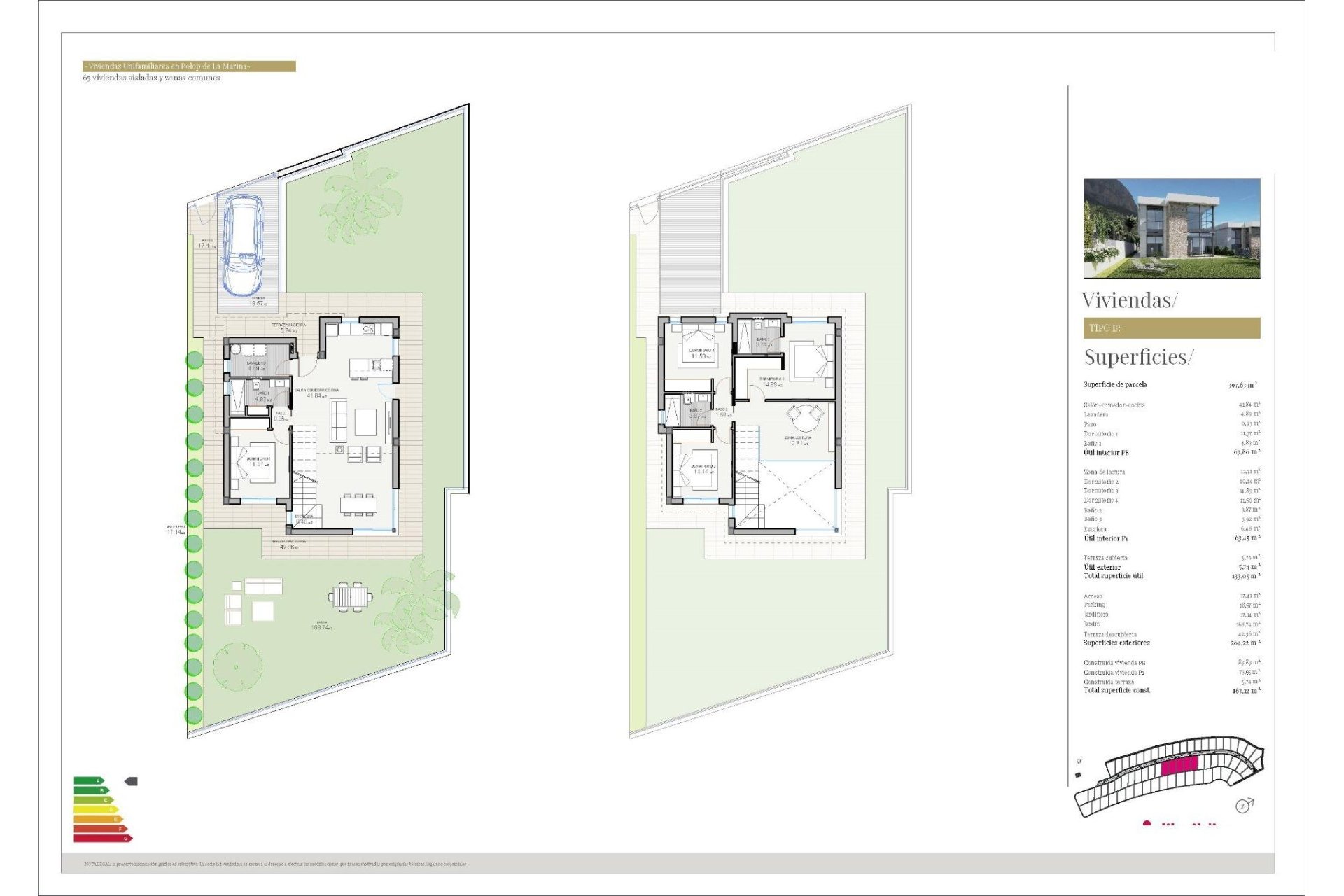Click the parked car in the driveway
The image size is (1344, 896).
tap(243, 244)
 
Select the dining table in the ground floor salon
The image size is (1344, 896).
tap(358, 504)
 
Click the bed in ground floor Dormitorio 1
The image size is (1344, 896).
tap(253, 465)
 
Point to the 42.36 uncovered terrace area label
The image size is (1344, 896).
tap(288, 547)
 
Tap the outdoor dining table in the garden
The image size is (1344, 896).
tap(350, 596)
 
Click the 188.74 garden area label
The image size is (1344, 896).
tap(321, 627)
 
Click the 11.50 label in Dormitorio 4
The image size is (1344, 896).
tap(701, 356)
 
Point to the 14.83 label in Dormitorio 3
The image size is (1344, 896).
tap(772, 384)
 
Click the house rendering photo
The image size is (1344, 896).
tap(1171, 228)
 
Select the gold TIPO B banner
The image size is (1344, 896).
tap(1171, 328)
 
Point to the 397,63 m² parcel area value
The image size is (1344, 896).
tap(1242, 385)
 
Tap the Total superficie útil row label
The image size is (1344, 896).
tap(1113, 576)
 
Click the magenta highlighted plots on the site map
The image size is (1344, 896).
tap(1179, 766)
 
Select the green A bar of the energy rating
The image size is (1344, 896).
tap(88, 780)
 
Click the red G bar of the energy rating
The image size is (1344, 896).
tap(102, 838)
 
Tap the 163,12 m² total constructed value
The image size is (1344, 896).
tap(1246, 691)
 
